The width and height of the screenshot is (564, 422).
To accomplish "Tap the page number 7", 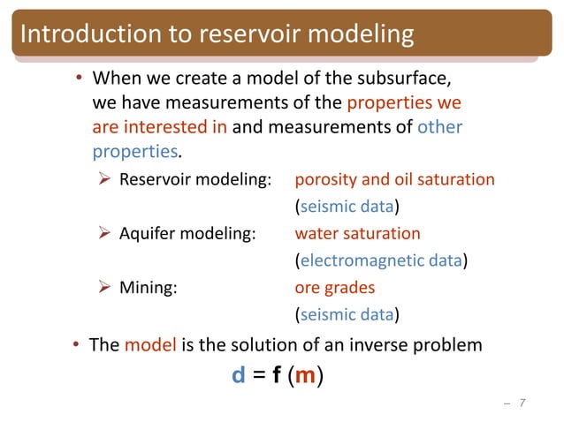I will (522, 404).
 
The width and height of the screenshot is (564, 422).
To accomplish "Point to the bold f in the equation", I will (277, 375).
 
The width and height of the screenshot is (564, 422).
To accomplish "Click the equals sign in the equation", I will (258, 376).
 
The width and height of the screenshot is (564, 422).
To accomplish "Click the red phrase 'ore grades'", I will (334, 288).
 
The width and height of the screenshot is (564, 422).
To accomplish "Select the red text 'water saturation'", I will (357, 234).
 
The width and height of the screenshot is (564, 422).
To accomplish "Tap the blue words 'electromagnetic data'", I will (381, 260).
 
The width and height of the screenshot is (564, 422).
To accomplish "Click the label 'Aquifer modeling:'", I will (188, 234).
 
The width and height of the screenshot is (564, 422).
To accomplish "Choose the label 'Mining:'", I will (148, 288).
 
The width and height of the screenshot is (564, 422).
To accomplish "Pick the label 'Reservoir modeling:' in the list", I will (194, 180).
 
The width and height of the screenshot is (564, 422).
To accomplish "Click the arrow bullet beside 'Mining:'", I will (103, 288).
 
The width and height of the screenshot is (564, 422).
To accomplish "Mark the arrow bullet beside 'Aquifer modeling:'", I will (103, 234).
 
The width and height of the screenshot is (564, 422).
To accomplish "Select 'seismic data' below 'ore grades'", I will (347, 314).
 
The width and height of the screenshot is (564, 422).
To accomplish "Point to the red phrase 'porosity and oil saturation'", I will (394, 180).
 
